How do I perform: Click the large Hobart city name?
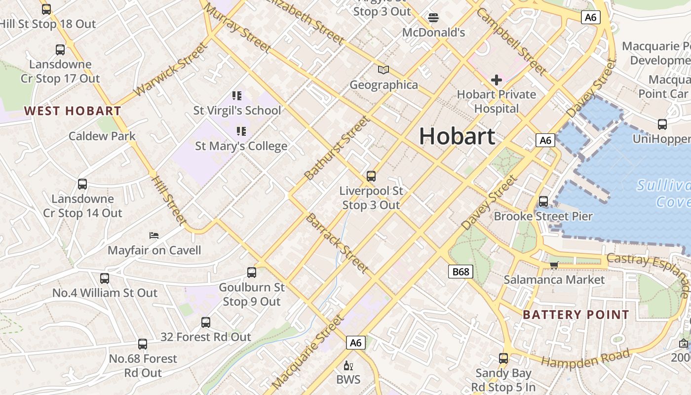pyautogui.click(x=457, y=136)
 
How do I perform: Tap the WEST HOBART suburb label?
pyautogui.click(x=73, y=111)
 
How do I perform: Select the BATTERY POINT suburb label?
pyautogui.click(x=576, y=315)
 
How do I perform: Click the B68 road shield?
pyautogui.click(x=461, y=271)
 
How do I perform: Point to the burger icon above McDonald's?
pyautogui.click(x=433, y=18)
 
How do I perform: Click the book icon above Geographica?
pyautogui.click(x=384, y=70)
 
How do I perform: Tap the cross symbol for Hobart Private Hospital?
pyautogui.click(x=497, y=80)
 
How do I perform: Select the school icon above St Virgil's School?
pyautogui.click(x=237, y=96)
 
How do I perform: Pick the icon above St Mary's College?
pyautogui.click(x=241, y=131)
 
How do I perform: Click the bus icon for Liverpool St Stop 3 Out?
pyautogui.click(x=371, y=176)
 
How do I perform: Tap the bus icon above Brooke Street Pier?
pyautogui.click(x=543, y=201)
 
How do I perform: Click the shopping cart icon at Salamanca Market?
pyautogui.click(x=554, y=266)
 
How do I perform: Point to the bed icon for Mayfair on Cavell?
pyautogui.click(x=154, y=236)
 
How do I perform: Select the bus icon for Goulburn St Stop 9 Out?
pyautogui.click(x=252, y=273)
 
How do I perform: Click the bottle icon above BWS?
pyautogui.click(x=348, y=366)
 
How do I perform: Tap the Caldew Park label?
pyautogui.click(x=102, y=136)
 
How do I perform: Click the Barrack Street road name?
pyautogui.click(x=338, y=243)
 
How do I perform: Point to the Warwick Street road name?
pyautogui.click(x=169, y=70)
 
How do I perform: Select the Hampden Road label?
pyautogui.click(x=586, y=357)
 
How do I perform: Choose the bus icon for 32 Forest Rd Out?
pyautogui.click(x=206, y=322)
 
